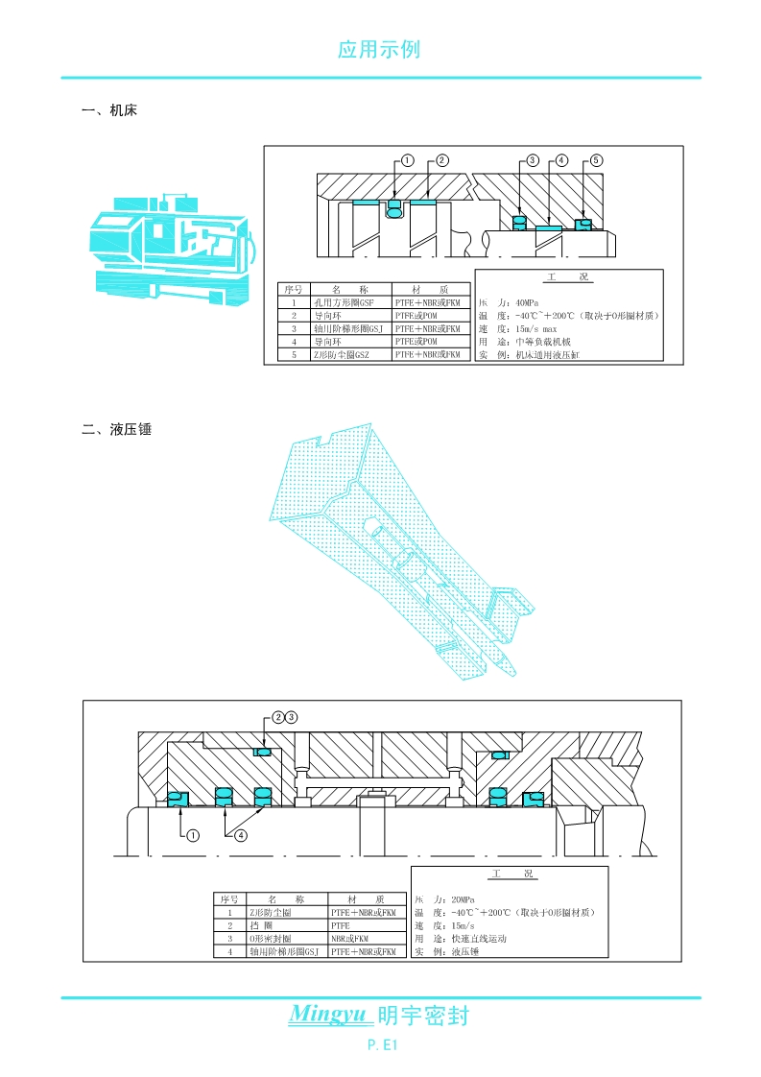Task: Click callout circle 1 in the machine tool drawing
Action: coord(407,161)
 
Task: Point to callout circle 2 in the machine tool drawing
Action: coord(442,161)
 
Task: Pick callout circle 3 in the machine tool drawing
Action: coord(533,161)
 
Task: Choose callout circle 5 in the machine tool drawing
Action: coord(596,161)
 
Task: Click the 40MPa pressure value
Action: coord(530,301)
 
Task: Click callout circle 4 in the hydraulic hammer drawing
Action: coord(240,835)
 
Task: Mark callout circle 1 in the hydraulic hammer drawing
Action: coord(193,835)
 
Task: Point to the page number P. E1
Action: coord(381,1043)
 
